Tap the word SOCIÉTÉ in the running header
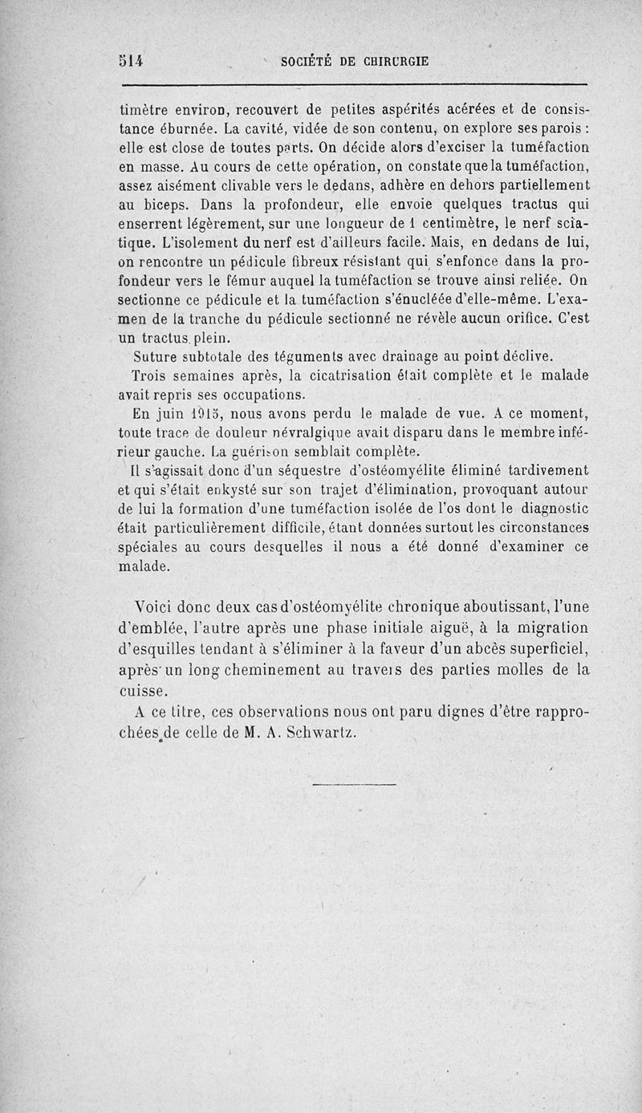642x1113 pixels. [304, 60]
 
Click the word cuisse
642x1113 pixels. [141, 690]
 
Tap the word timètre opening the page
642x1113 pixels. [145, 109]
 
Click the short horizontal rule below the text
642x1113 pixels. [353, 783]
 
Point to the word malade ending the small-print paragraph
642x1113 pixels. [144, 566]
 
